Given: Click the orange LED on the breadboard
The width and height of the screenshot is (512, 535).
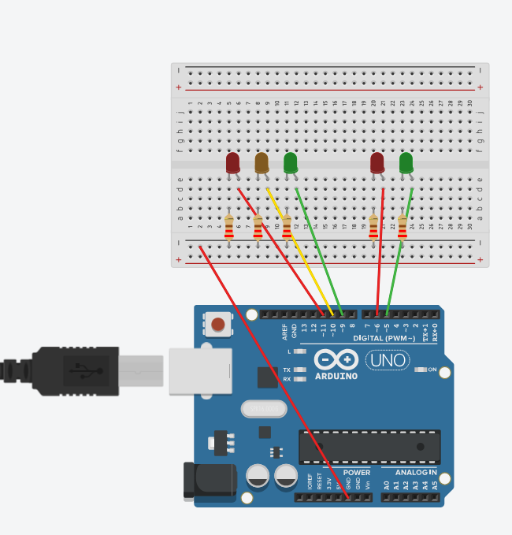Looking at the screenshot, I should click(x=262, y=163).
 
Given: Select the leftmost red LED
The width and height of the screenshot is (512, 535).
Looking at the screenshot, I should click(x=232, y=163).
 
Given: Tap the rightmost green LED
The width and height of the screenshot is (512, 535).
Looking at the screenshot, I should click(x=406, y=163).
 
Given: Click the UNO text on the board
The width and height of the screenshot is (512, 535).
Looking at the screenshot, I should click(x=388, y=361).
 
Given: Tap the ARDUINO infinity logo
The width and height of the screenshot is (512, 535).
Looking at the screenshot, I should click(x=336, y=360).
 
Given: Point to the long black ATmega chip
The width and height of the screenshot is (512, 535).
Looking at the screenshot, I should click(x=369, y=447).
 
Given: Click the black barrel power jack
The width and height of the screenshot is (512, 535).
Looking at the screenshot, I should click(x=210, y=481).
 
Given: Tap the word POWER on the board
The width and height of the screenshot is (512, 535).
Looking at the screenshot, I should click(x=357, y=473).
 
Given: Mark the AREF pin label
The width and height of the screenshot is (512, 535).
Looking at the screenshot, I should click(x=285, y=332).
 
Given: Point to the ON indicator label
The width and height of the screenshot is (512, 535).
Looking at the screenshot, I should click(x=432, y=370).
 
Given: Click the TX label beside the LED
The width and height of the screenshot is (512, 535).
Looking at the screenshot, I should click(x=287, y=370).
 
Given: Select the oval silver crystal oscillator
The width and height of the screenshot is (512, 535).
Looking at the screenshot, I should click(x=265, y=409).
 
